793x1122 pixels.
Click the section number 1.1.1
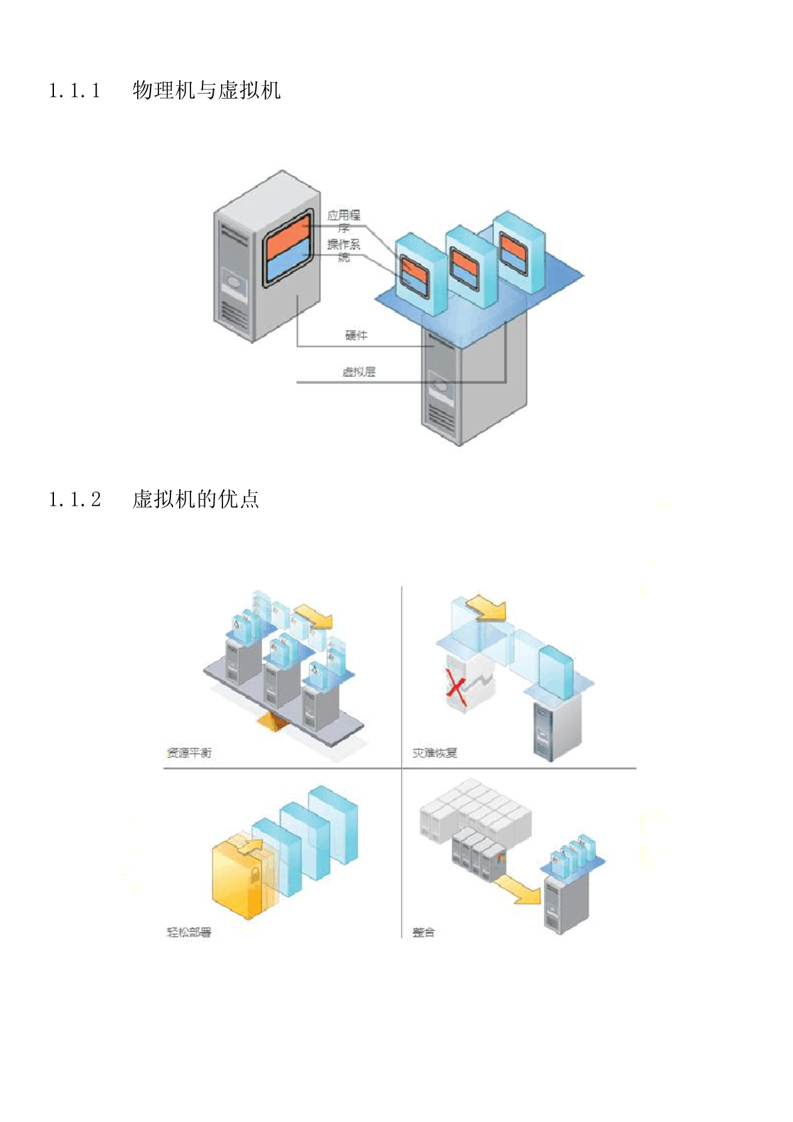click(x=75, y=90)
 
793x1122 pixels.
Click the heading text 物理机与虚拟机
click(x=206, y=90)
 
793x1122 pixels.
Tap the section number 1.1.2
click(x=75, y=499)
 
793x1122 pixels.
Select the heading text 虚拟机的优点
click(x=196, y=499)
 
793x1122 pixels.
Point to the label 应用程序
click(x=344, y=221)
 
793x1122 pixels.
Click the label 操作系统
click(x=344, y=251)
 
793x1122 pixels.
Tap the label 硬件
click(x=356, y=335)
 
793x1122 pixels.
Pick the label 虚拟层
click(x=359, y=372)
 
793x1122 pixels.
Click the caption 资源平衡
click(x=189, y=753)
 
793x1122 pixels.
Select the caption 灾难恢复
click(x=435, y=753)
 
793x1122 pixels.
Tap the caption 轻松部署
click(x=189, y=932)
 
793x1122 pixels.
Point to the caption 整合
click(x=423, y=932)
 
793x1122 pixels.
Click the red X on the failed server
click(x=455, y=690)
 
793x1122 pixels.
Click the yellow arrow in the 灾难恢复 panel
click(x=487, y=608)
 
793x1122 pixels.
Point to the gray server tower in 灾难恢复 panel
click(x=557, y=730)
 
